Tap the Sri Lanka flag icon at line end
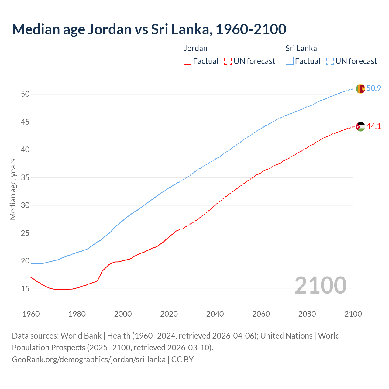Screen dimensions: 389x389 (360, 89)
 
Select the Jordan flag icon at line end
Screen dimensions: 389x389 (360, 126)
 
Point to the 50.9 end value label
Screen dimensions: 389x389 (374, 88)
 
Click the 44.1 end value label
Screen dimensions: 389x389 (374, 126)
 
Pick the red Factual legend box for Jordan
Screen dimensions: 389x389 (188, 61)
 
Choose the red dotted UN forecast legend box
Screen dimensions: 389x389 (228, 61)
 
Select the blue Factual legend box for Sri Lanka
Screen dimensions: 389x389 (290, 61)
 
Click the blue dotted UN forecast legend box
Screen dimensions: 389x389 (330, 61)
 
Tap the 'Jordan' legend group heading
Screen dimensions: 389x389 (195, 48)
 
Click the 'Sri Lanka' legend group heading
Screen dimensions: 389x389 (301, 48)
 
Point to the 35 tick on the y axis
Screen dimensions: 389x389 (25, 177)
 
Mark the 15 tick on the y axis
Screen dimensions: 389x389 (25, 289)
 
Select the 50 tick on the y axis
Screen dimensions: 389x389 (25, 94)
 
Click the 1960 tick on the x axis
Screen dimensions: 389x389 (31, 314)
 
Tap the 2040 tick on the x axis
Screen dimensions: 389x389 (215, 314)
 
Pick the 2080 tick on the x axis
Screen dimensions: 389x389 (307, 314)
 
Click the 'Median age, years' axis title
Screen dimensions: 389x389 (13, 189)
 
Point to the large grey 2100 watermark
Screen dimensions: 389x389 (320, 285)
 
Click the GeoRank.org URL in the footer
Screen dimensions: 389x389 (89, 360)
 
